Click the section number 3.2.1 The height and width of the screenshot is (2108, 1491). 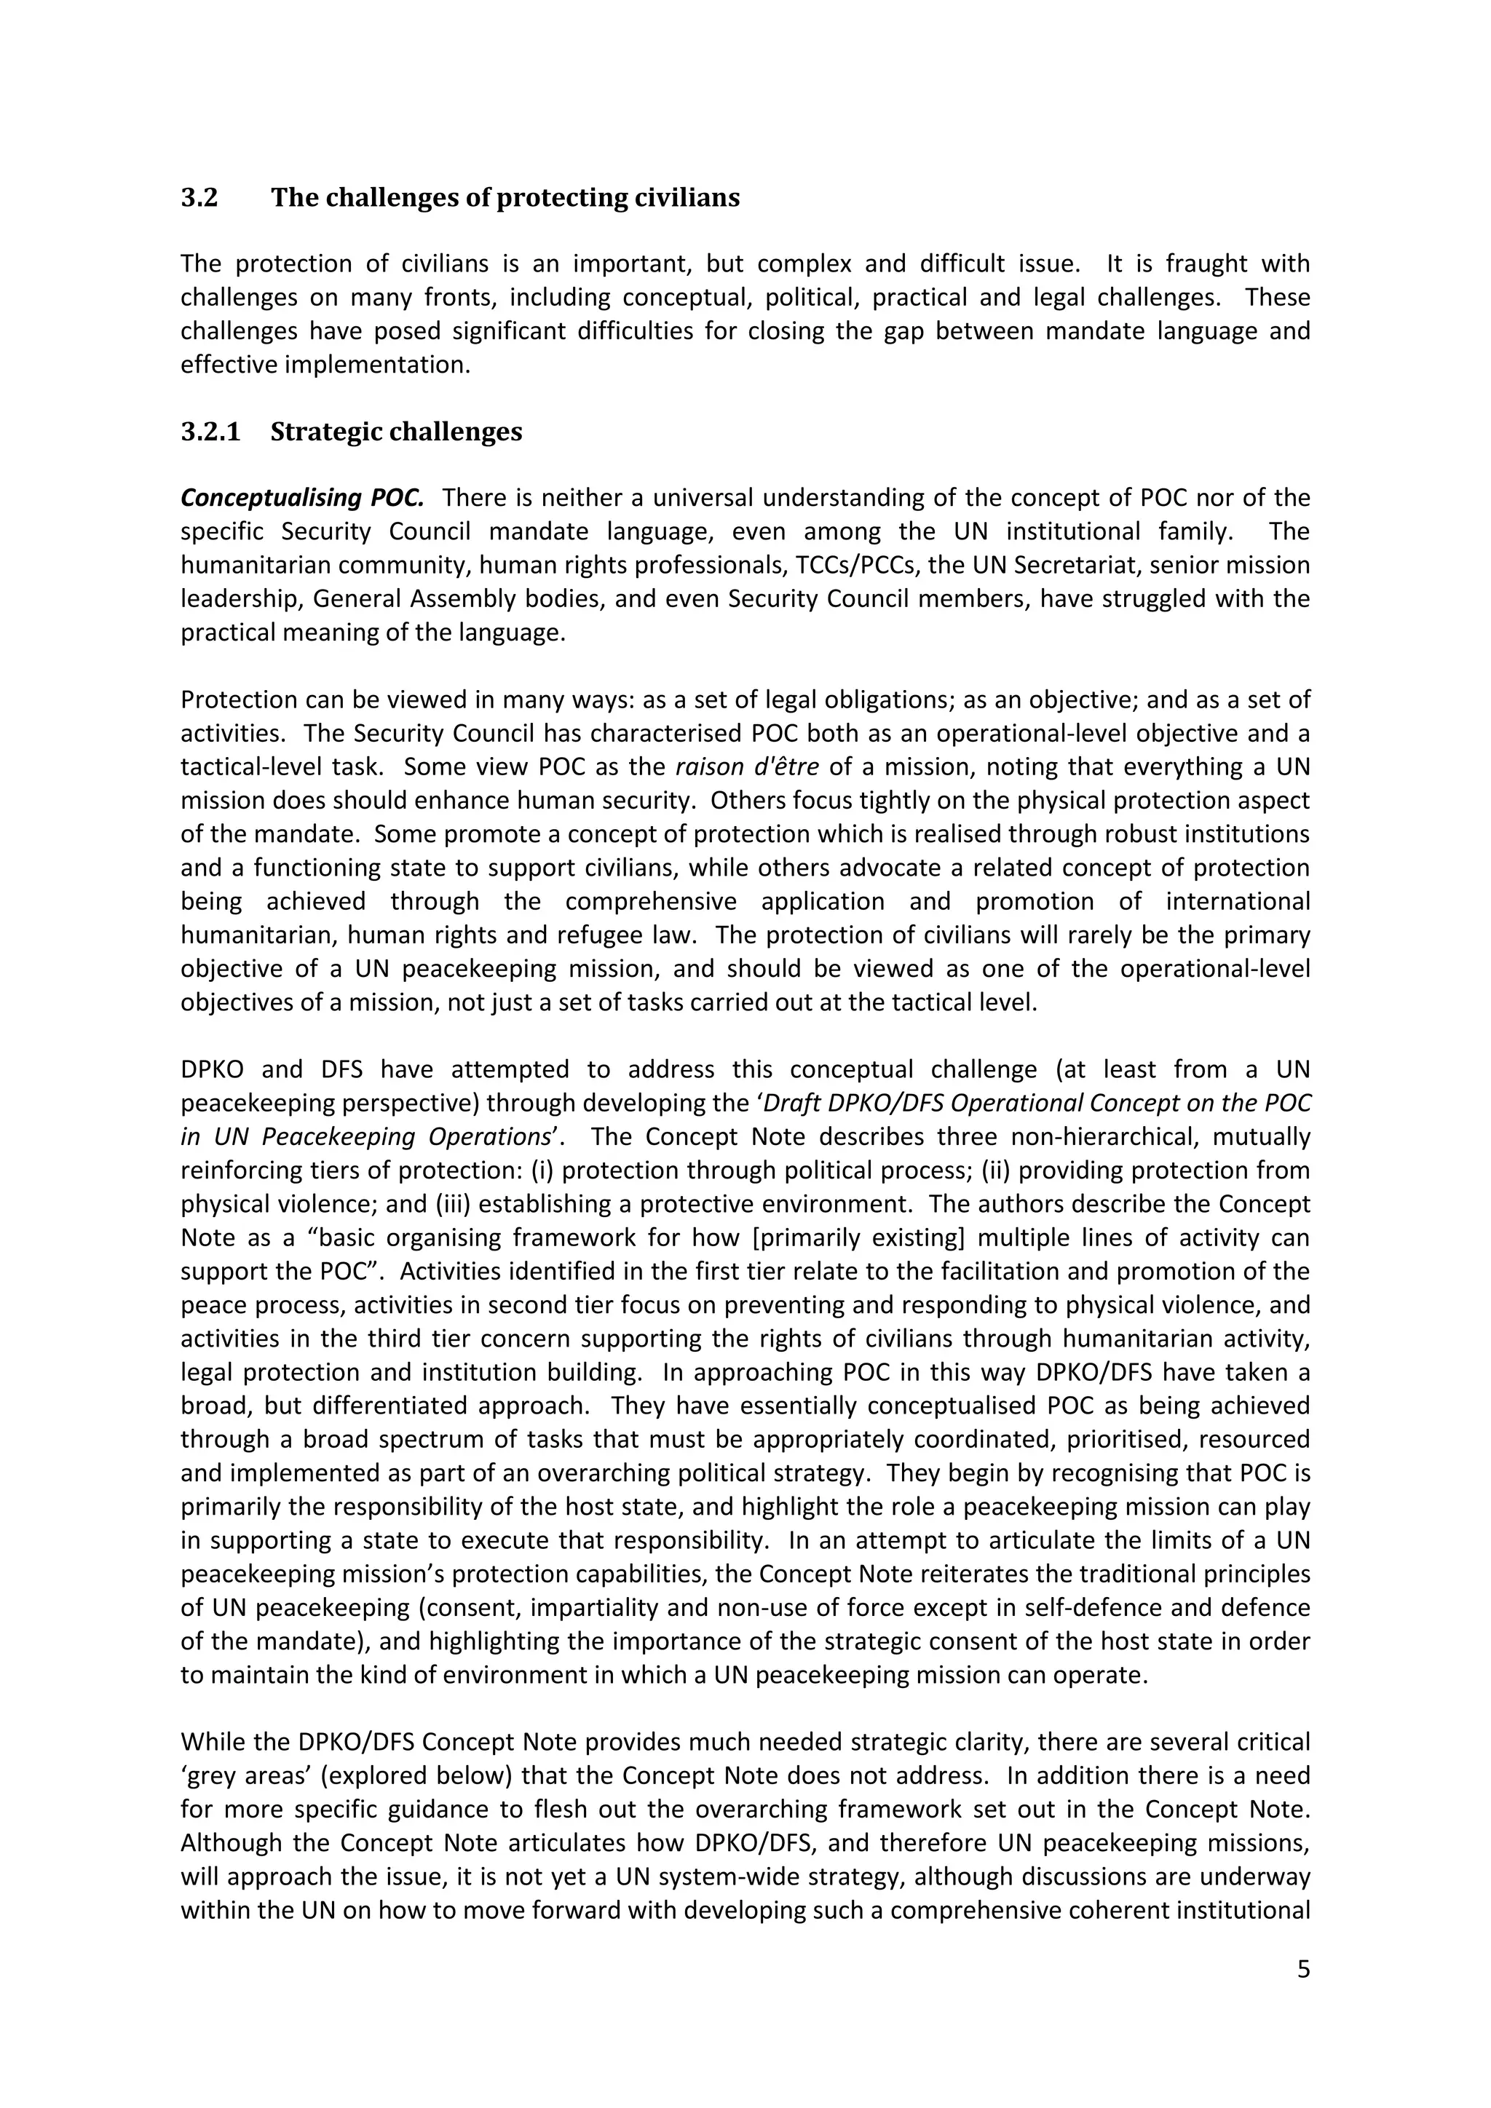coord(210,432)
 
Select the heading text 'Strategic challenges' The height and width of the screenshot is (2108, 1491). coord(396,432)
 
